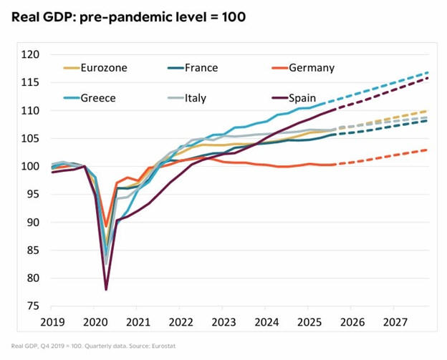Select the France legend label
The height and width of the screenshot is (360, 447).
200,69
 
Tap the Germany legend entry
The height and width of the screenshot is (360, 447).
311,69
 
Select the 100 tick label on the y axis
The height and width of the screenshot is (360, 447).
29,167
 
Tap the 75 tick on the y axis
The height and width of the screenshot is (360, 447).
32,306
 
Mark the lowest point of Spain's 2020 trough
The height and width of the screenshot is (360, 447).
107,289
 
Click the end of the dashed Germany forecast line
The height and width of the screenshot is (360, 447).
428,150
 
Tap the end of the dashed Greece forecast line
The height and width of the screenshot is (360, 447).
428,72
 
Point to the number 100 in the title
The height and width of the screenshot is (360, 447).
232,16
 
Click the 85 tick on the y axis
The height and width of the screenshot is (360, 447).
32,250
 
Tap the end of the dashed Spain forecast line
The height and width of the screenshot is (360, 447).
428,78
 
